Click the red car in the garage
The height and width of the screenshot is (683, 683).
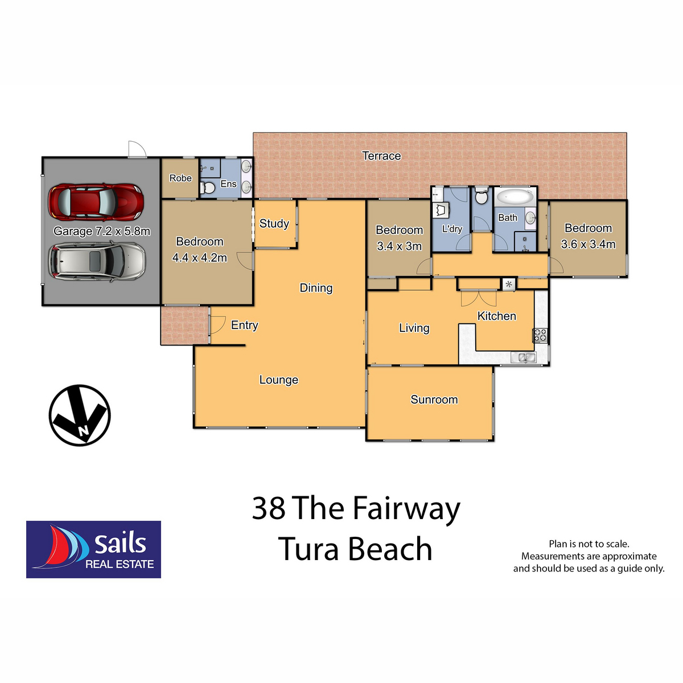pos(95,201)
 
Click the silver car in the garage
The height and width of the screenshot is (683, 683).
pos(97,261)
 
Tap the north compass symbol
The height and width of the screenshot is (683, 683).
pos(79,415)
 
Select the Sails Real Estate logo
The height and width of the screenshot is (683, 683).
pos(93,549)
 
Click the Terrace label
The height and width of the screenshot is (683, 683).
pos(381,156)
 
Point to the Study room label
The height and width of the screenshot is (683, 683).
pos(274,224)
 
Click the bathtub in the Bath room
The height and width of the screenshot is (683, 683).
pos(515,198)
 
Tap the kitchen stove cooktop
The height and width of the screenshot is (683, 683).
pos(540,335)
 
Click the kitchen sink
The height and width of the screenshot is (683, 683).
pos(523,357)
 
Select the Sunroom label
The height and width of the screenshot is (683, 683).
pos(434,400)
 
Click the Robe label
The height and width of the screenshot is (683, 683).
pos(180,178)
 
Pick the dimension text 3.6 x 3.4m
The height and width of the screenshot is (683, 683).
pos(588,244)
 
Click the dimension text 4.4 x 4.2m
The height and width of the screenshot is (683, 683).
pos(199,258)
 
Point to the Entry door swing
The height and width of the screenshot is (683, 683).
pos(216,324)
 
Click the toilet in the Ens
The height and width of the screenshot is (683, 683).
pos(208,188)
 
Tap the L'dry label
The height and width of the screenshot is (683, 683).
pos(452,229)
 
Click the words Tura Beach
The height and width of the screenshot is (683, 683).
pos(355,549)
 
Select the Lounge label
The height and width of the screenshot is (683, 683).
pos(278,380)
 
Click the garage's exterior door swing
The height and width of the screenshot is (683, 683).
pos(137,150)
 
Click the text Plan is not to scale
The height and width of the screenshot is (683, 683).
pos(589,544)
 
